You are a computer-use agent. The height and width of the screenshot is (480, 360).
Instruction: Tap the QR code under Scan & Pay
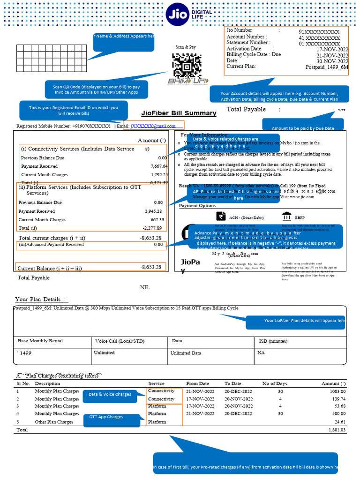coord(187,66)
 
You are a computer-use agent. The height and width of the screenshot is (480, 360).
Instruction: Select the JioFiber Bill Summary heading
coord(179,113)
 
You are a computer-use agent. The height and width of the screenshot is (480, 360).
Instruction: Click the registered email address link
coord(153,126)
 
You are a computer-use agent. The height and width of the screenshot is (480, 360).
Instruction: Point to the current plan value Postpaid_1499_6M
coord(327,67)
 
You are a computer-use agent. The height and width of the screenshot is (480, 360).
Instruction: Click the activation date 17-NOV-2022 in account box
coord(332,49)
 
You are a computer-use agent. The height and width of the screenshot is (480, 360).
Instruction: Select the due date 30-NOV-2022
coord(332,61)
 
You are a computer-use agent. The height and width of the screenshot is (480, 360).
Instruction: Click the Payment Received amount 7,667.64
coord(159,166)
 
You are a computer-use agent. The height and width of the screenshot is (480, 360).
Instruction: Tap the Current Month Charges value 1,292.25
coord(159,174)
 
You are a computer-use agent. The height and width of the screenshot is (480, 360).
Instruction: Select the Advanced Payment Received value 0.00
coord(158,245)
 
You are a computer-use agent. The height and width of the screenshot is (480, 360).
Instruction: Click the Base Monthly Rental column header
coord(40,341)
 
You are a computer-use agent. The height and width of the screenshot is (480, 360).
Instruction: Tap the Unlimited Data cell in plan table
coord(186,353)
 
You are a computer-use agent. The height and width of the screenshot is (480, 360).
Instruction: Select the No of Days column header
coord(275,383)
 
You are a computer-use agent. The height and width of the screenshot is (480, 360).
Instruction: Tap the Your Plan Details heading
coord(41,300)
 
